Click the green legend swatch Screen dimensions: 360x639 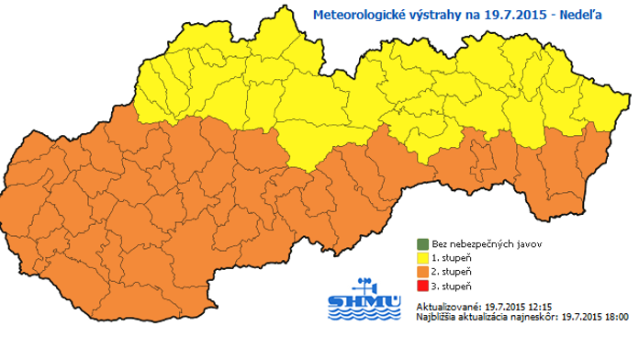tap(422, 244)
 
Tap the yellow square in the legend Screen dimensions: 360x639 tap(422, 258)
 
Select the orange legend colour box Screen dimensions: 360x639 tap(422, 272)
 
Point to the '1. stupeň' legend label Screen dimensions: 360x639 tap(451, 258)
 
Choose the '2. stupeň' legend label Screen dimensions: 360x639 tap(451, 272)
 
